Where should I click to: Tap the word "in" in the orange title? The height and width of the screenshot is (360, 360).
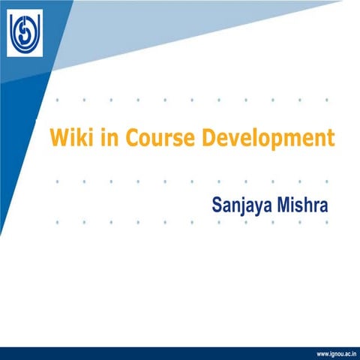click(x=104, y=139)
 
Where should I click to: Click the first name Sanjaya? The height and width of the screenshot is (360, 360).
click(x=245, y=205)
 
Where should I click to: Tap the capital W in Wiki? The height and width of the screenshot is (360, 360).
click(x=57, y=139)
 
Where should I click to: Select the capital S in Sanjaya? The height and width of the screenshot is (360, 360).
click(x=217, y=203)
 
